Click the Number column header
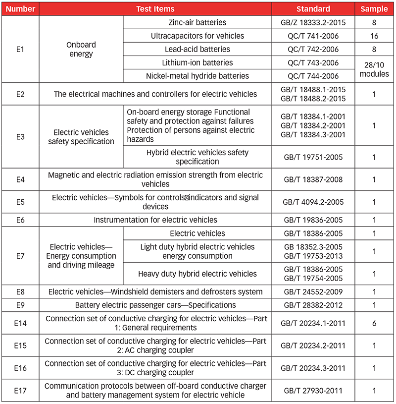[20, 9]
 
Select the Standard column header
[313, 9]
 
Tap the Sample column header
[374, 9]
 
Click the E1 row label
[20, 49]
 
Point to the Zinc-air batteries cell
[198, 22]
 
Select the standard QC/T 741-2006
[313, 36]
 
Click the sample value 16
[374, 36]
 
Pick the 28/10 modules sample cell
[374, 69]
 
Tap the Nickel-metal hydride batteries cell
[198, 76]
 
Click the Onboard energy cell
[81, 49]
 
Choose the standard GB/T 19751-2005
[313, 157]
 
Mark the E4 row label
[20, 179]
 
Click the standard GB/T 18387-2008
[313, 179]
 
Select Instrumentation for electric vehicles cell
[155, 220]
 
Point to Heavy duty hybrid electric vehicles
[198, 274]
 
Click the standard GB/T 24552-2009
[313, 291]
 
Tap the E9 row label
[20, 305]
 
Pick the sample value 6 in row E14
[374, 323]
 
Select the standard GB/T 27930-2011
[313, 390]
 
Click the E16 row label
[20, 368]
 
